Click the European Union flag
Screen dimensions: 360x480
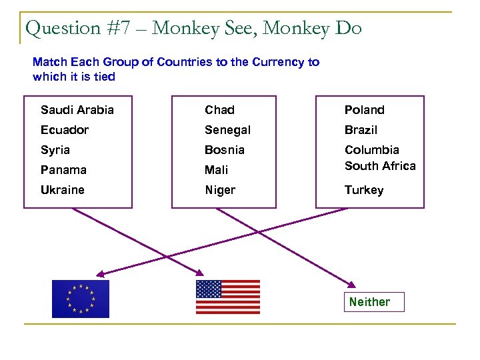click(x=81, y=299)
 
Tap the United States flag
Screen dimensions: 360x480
click(x=227, y=297)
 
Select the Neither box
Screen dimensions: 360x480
click(x=369, y=302)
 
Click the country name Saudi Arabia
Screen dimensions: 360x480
click(x=77, y=110)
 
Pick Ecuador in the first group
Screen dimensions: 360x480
click(x=64, y=130)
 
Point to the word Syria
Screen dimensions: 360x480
click(x=55, y=150)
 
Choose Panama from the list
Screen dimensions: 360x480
click(x=63, y=170)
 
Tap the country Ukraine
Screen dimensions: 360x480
click(x=62, y=190)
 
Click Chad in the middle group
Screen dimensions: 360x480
click(x=219, y=110)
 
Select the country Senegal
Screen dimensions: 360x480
click(x=227, y=130)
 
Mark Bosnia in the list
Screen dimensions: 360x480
click(x=225, y=150)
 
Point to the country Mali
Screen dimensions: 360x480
click(x=217, y=170)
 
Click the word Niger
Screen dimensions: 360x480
click(x=220, y=190)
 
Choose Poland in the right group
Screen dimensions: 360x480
click(x=364, y=110)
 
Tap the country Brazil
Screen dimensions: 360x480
click(x=361, y=130)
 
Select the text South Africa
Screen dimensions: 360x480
click(x=380, y=166)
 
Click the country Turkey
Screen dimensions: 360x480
click(x=364, y=190)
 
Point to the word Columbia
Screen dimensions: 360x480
click(x=371, y=150)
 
